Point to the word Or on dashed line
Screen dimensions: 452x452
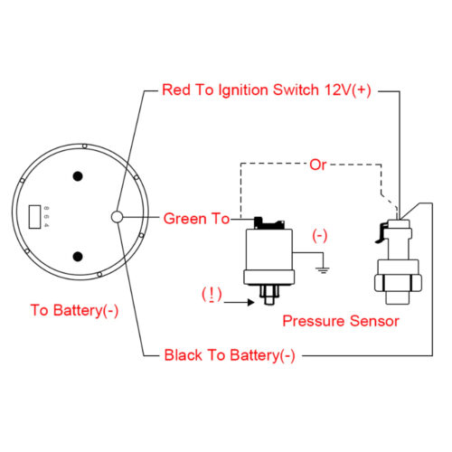point(318,165)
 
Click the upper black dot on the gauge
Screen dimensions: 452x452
point(78,176)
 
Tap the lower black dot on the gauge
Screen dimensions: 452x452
point(78,257)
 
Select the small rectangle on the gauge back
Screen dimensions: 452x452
point(34,217)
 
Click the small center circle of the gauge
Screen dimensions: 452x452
point(117,217)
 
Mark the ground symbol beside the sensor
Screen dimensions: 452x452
point(323,269)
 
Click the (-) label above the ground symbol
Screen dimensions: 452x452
point(320,236)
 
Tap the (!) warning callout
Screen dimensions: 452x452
point(212,295)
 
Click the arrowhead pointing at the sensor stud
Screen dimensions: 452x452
point(251,302)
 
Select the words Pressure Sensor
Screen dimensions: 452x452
point(341,321)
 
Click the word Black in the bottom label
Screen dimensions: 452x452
point(183,355)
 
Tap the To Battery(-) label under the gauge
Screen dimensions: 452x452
point(74,310)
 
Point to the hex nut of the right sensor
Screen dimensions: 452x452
point(398,283)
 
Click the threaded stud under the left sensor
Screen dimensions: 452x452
point(268,295)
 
